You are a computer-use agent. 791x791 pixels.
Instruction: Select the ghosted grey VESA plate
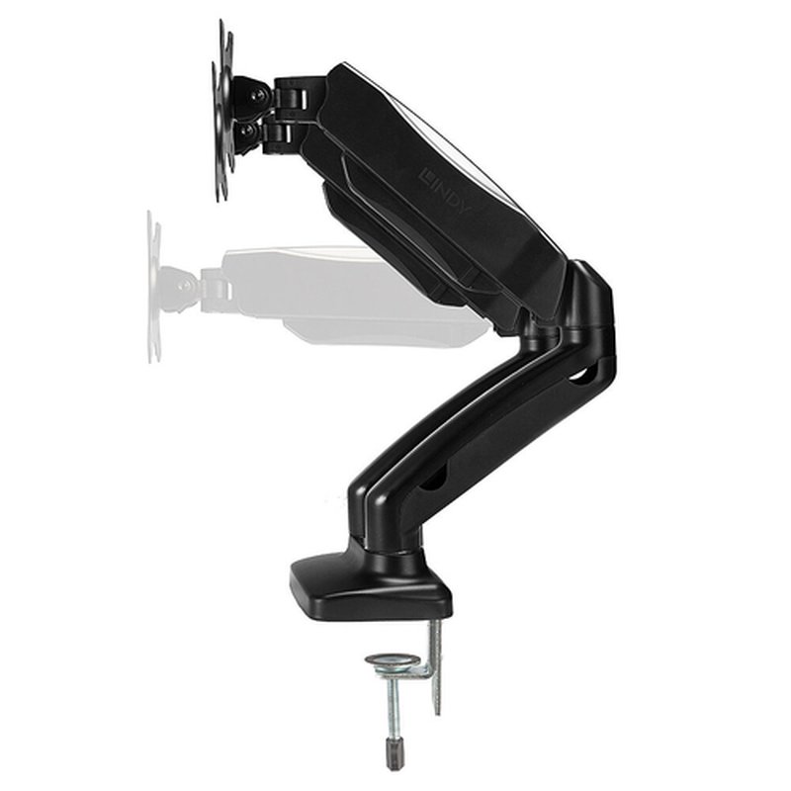point(153,287)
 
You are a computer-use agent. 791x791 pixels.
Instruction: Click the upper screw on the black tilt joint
point(258,96)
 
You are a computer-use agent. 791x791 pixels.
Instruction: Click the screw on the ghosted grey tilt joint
point(185,286)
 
